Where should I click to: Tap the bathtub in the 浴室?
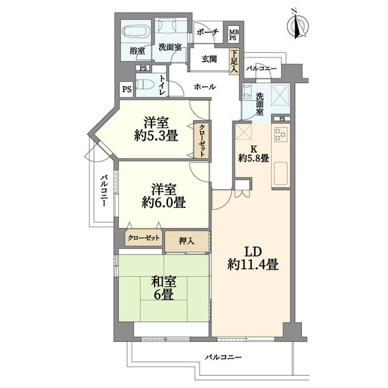click(135, 32)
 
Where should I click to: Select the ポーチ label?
click(207, 34)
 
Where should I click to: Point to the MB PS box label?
click(233, 34)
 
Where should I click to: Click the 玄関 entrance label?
click(209, 59)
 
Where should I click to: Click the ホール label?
click(204, 87)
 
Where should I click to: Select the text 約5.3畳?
click(156, 135)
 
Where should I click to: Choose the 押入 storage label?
click(187, 241)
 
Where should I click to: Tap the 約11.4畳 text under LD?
click(253, 265)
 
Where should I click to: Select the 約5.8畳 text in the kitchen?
click(253, 158)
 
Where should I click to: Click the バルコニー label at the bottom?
click(223, 356)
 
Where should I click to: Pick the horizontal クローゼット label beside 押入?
click(144, 238)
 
